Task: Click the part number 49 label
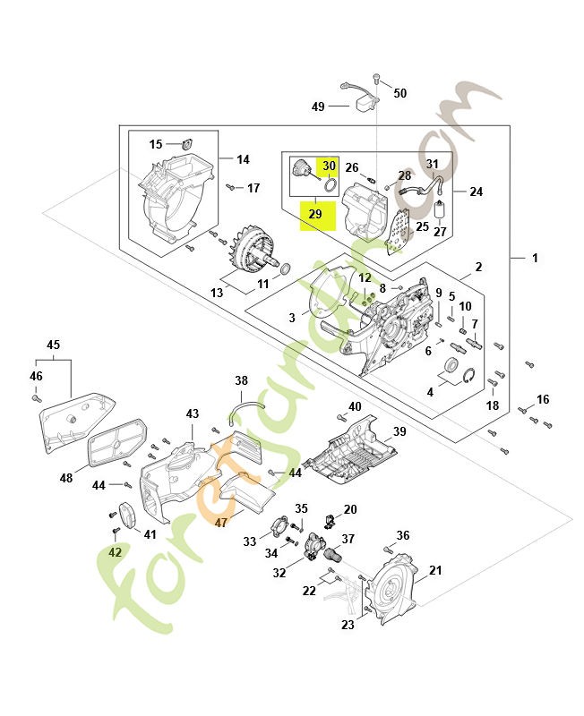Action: click(318, 107)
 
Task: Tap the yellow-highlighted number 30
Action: click(330, 166)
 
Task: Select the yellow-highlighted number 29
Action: click(314, 215)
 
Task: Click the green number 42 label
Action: click(115, 552)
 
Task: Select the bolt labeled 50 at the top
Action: click(377, 81)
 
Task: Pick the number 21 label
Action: click(436, 570)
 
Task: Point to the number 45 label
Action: click(53, 345)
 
